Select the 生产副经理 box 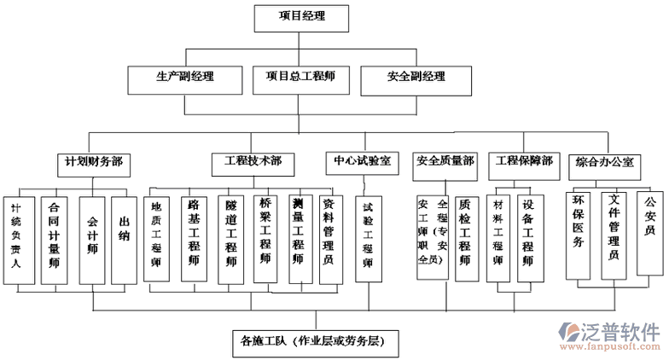click(185, 78)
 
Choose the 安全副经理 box click(416, 78)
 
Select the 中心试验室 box click(362, 160)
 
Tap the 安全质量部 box click(445, 160)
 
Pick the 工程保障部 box click(523, 160)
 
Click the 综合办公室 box click(604, 161)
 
